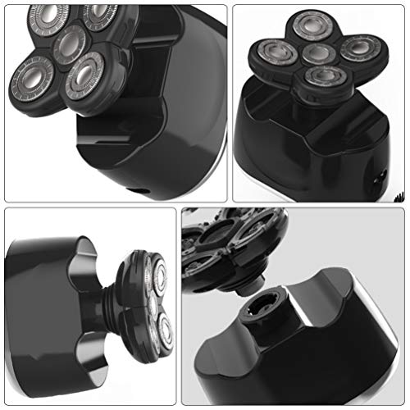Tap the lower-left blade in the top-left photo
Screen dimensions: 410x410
(33, 79)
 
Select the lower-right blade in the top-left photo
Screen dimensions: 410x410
(88, 80)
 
